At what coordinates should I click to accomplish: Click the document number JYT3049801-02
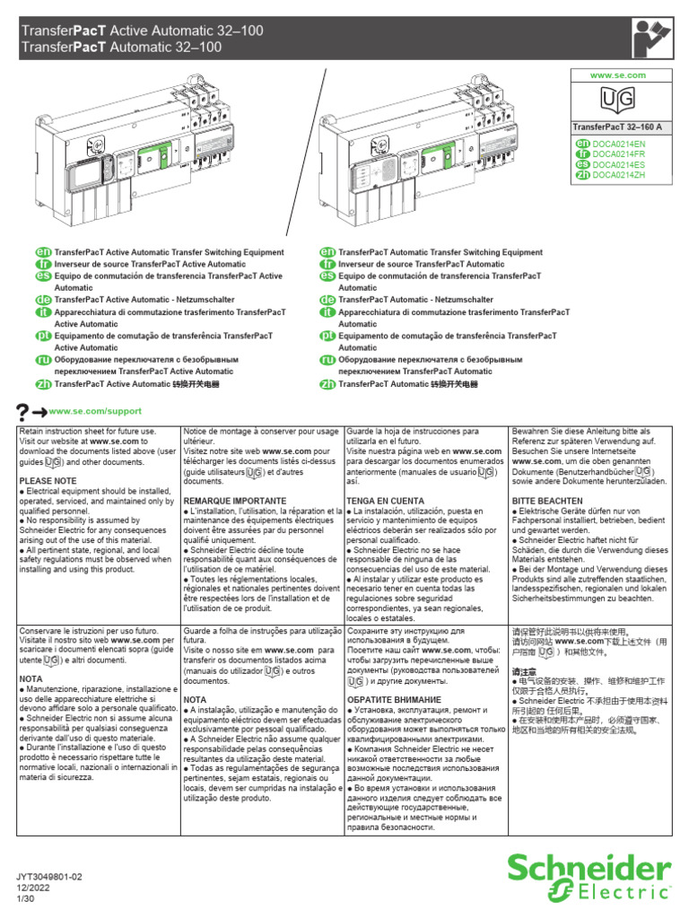pos(55,875)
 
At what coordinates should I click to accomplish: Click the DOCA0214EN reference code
pos(620,144)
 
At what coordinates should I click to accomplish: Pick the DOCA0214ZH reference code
pos(620,175)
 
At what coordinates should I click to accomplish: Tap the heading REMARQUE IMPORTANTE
pos(235,501)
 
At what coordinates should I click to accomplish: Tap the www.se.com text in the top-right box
pos(622,75)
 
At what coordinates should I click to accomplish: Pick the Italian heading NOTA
pos(31,705)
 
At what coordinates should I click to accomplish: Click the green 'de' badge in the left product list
pos(41,300)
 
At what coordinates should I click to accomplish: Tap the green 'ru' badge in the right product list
pos(327,360)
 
